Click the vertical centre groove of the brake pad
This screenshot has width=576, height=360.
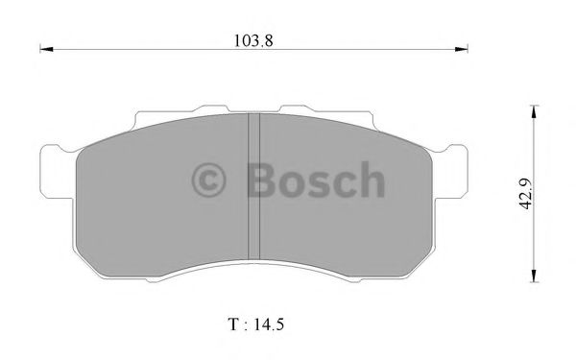254,187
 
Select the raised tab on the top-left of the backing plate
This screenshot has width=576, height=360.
211,108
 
